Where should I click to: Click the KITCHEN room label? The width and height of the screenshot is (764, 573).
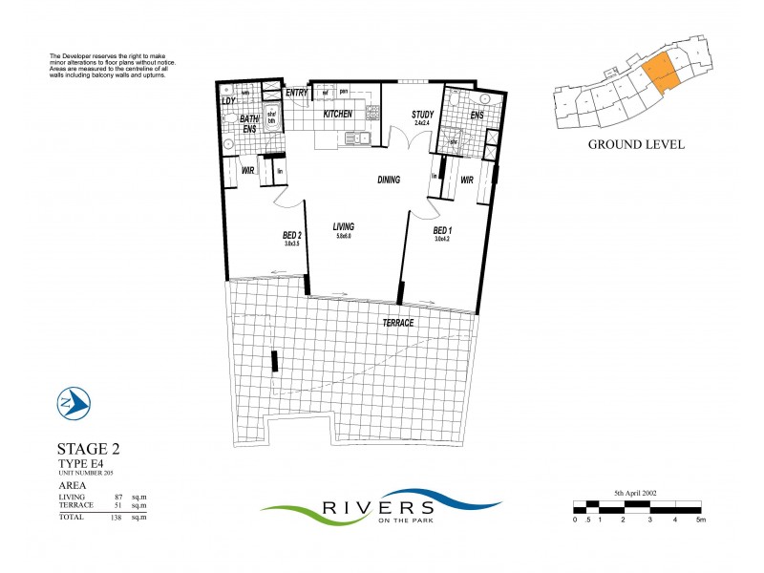pyautogui.click(x=338, y=114)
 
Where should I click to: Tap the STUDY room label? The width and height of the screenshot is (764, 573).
pyautogui.click(x=423, y=114)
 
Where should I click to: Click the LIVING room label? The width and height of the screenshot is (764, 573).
pyautogui.click(x=344, y=227)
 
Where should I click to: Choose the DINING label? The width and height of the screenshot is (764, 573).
pyautogui.click(x=388, y=180)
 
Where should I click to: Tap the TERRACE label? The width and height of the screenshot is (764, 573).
pyautogui.click(x=399, y=323)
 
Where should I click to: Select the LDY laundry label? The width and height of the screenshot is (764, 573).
pyautogui.click(x=228, y=101)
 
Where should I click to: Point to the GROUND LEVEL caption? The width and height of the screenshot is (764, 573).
pyautogui.click(x=635, y=145)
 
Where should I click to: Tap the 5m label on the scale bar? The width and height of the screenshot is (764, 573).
pyautogui.click(x=700, y=520)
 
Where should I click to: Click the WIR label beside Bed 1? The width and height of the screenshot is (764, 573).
pyautogui.click(x=468, y=180)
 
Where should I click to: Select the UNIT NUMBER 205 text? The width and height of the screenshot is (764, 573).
pyautogui.click(x=88, y=474)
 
